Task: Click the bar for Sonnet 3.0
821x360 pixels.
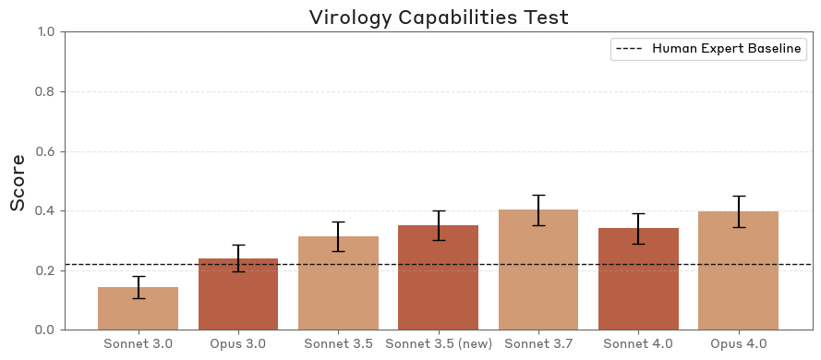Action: [139, 308]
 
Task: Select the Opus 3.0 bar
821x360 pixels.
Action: [238, 294]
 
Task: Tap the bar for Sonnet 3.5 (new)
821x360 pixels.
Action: [439, 277]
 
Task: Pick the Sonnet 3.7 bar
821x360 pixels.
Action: [538, 270]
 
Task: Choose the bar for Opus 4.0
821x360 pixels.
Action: [738, 270]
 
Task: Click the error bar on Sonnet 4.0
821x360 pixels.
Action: [638, 229]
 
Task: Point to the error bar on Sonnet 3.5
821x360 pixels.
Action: [338, 236]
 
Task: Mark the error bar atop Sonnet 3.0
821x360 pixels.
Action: [139, 287]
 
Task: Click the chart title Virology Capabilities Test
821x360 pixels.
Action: [439, 17]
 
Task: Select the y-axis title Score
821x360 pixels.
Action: [18, 182]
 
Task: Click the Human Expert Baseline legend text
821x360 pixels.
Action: [727, 49]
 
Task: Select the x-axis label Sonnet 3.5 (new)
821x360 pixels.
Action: [439, 344]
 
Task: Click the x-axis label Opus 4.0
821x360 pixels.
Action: [738, 344]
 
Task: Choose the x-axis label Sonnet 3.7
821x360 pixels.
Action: [538, 344]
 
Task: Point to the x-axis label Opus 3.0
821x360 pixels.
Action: [238, 344]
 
